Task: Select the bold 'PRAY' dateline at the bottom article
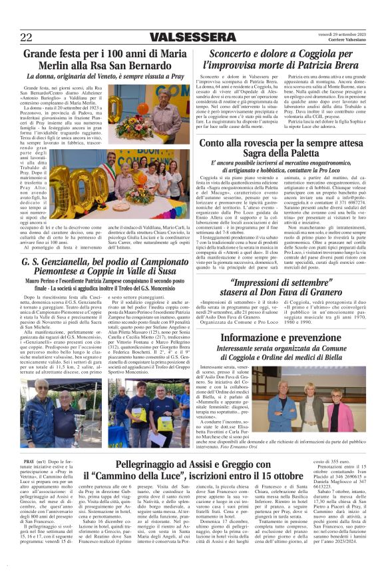tap(29, 461)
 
